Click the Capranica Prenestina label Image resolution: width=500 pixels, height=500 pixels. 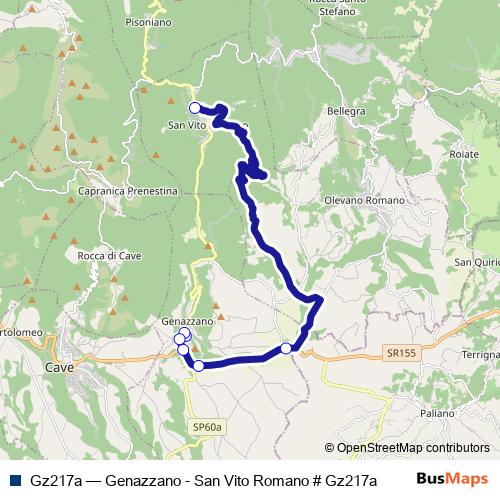pos(127,190)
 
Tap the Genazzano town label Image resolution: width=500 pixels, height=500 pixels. pos(186,321)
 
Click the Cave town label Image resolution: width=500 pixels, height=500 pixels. pos(60,368)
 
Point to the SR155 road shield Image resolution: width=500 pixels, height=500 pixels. pos(401,353)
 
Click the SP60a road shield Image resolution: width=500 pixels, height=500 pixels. pos(207,428)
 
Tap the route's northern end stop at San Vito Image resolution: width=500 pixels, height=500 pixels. pos(195,108)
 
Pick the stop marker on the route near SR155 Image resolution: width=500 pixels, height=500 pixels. pos(286,348)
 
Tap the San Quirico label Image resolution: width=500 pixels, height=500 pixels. pos(477,263)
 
